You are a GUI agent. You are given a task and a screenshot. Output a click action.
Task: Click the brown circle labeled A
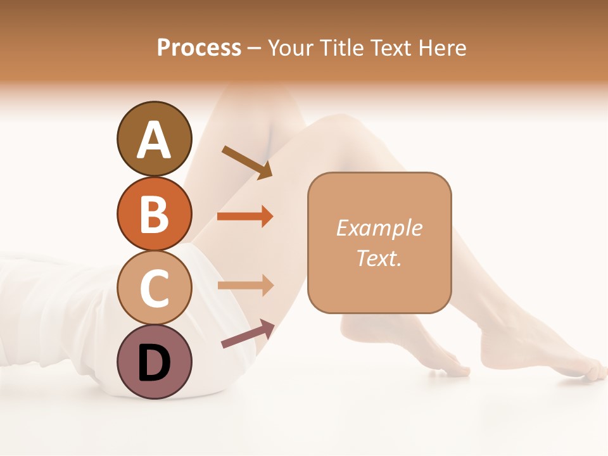point(154,139)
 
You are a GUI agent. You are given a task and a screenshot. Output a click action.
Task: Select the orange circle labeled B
point(154,213)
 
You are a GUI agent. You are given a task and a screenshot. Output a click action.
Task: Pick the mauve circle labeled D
point(154,362)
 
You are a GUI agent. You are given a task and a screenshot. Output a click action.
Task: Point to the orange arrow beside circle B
point(245,217)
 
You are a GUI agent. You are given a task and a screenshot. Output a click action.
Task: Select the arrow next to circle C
point(245,286)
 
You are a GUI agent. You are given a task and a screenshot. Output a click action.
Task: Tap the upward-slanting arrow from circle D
point(248,334)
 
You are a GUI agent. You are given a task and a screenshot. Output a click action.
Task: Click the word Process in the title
point(199,47)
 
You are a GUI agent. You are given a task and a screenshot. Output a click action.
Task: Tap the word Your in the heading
point(291,47)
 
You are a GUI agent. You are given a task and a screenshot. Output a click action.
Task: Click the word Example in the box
point(379,228)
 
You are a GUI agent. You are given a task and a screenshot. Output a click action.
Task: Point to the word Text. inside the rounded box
point(379,258)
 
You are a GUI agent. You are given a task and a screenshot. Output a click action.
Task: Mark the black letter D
point(154,364)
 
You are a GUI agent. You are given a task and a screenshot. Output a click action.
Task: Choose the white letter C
point(154,289)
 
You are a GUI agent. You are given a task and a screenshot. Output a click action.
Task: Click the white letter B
point(154,215)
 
